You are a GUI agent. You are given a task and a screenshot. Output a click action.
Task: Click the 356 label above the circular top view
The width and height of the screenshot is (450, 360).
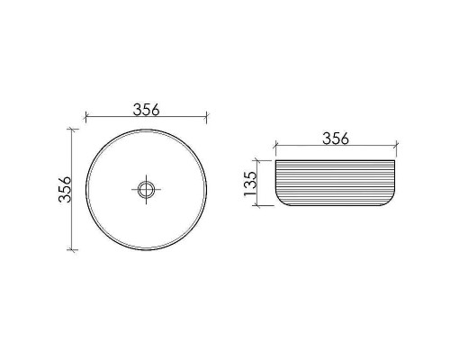tap(146, 110)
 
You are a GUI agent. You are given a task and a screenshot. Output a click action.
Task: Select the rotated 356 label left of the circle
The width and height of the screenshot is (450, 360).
tap(64, 188)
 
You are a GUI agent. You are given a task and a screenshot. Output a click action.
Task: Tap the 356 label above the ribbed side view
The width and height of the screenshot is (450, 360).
tap(334, 138)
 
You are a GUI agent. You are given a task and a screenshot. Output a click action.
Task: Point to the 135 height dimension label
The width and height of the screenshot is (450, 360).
tap(251, 183)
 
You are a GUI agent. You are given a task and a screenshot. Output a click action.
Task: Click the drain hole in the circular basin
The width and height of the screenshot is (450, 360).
tap(146, 189)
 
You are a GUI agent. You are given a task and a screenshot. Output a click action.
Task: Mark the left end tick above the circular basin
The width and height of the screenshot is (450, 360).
tap(85, 117)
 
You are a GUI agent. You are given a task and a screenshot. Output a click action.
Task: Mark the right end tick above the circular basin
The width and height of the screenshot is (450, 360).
tap(207, 117)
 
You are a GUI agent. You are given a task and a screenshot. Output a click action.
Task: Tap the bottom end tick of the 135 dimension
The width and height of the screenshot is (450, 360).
tap(260, 205)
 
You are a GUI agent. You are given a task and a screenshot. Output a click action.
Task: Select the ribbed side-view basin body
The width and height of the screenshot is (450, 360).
tap(334, 182)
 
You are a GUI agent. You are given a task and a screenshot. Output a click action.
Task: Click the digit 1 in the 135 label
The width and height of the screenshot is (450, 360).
tap(251, 195)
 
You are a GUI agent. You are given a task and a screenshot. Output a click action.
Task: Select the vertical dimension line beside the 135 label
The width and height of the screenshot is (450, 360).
tap(260, 183)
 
